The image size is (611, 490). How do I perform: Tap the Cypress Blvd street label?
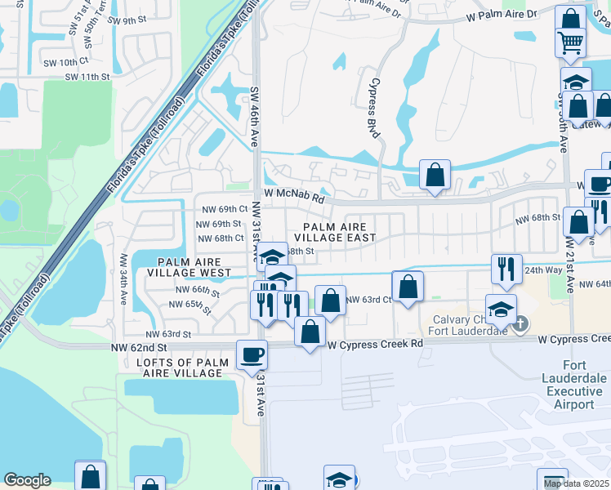(x=376, y=96)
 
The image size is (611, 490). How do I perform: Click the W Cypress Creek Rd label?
(x=376, y=344)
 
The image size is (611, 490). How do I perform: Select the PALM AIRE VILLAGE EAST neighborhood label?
(x=339, y=232)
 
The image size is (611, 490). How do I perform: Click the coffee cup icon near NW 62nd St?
(x=251, y=354)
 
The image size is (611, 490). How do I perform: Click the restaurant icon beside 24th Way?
(x=506, y=268)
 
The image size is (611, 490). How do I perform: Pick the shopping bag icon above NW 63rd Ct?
(x=408, y=286)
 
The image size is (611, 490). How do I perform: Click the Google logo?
(x=27, y=480)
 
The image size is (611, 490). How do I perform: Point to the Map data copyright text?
(x=577, y=483)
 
